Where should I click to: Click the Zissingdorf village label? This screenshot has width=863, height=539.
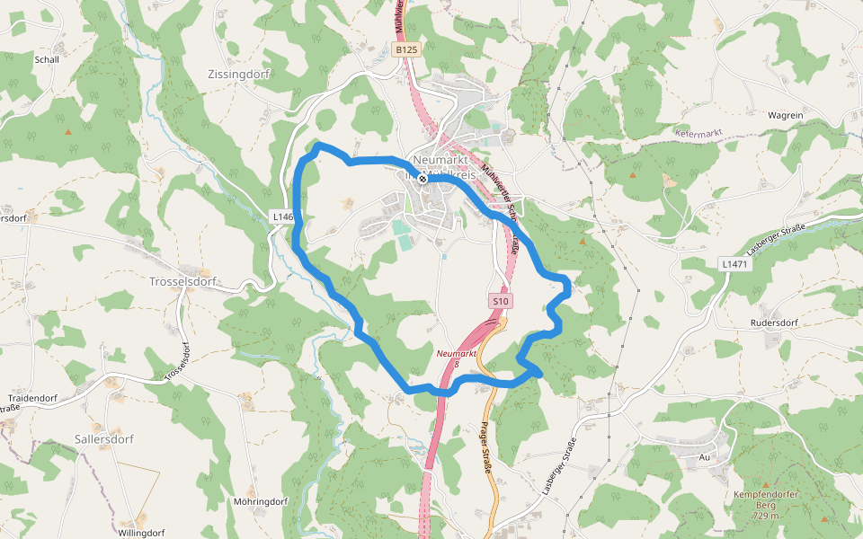pos(238,75)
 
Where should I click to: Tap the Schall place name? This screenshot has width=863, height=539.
pos(46,60)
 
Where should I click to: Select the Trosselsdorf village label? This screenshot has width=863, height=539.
pos(182,281)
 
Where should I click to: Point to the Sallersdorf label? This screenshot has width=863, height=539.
pos(104,439)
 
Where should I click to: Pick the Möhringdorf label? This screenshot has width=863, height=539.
pos(260,501)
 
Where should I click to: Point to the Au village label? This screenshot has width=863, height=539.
pos(705,457)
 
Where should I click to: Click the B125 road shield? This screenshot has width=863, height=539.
pos(406,50)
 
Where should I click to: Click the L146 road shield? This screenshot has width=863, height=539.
pos(282,217)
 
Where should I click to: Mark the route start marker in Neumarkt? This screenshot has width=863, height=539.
pos(423,179)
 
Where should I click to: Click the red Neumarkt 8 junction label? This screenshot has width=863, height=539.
pos(457,358)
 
